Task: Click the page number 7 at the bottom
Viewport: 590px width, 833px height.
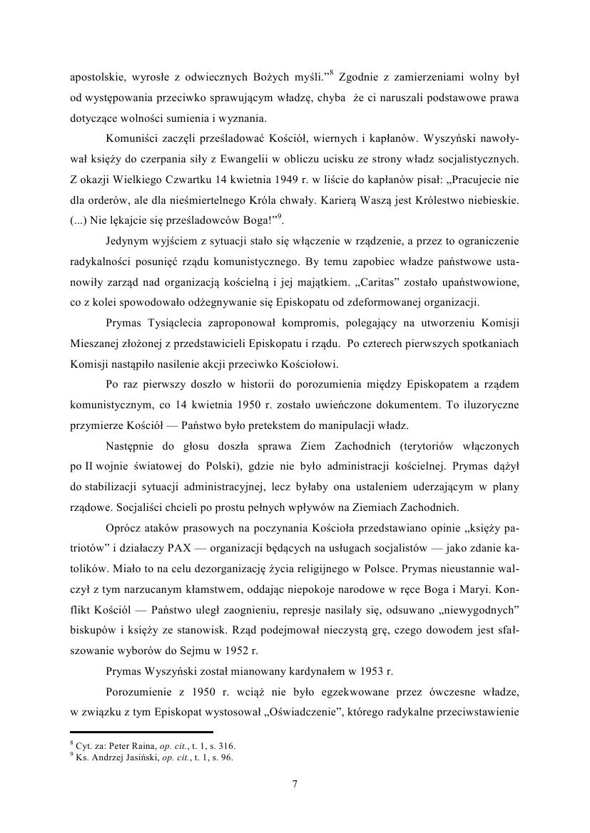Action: click(295, 785)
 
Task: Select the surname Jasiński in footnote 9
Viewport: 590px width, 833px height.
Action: click(136, 757)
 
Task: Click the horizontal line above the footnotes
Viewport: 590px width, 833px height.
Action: click(141, 732)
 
